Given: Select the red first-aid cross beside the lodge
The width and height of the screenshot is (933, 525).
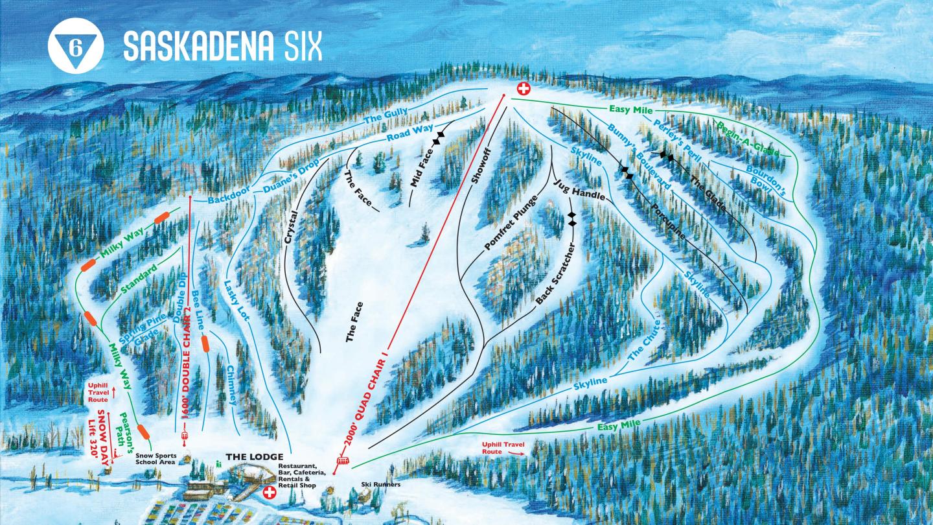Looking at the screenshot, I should tap(269, 493).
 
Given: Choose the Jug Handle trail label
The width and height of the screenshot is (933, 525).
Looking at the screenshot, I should tap(579, 189).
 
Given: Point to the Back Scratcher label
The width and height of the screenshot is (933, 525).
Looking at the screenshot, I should tap(555, 275).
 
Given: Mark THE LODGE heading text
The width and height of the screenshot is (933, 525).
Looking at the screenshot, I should tap(254, 457).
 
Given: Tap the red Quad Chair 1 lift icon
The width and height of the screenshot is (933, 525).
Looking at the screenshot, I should tap(341, 462).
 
